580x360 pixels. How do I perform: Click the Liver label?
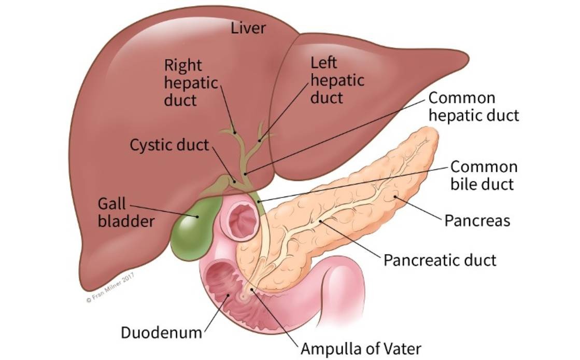[x=248, y=27]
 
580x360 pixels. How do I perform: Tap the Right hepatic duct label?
[x=183, y=82]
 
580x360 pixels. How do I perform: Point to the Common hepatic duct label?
[x=474, y=106]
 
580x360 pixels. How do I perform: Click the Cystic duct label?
[x=169, y=144]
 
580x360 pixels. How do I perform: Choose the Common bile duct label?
[x=483, y=175]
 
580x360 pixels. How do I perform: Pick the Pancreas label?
[x=477, y=220]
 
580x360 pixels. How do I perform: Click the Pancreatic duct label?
[x=440, y=259]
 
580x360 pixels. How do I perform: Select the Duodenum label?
[x=161, y=332]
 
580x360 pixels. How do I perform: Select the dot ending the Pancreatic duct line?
[x=322, y=221]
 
